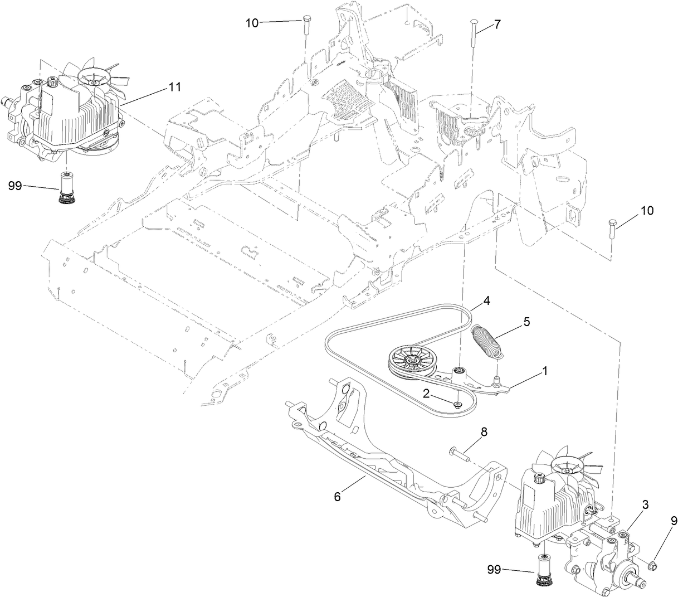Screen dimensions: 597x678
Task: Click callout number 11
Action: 175,88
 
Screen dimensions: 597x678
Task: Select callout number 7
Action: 497,25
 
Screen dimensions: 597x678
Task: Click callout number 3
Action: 645,505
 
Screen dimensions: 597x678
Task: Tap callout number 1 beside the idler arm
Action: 545,370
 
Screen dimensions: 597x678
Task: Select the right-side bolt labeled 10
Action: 611,228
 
